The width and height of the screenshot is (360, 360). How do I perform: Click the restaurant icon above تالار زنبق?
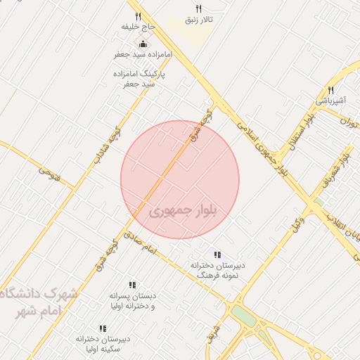(x=198, y=8)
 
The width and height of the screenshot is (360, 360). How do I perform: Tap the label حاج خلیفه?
(x=138, y=27)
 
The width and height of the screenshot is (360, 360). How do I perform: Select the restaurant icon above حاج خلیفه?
(x=138, y=16)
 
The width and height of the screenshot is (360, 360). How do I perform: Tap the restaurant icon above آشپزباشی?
(x=330, y=90)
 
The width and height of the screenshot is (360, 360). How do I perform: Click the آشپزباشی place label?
(x=330, y=101)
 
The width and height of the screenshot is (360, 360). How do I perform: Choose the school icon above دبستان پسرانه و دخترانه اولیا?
(x=132, y=285)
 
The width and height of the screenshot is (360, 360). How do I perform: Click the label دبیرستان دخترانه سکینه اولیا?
(x=103, y=343)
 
